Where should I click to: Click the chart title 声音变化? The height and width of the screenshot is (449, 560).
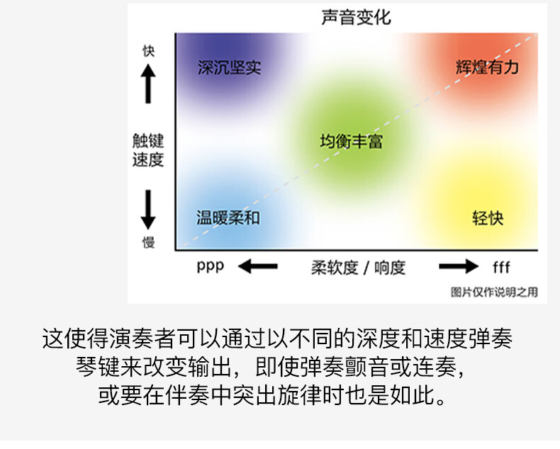coord(356,17)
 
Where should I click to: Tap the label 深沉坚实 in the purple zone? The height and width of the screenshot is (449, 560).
coord(229,67)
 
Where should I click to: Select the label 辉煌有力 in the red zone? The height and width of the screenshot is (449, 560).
coord(487,67)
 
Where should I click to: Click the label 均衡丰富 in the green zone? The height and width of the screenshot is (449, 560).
coord(352,142)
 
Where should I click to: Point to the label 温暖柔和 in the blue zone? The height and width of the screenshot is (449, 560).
coord(228,217)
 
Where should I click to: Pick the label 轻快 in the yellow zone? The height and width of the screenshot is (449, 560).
coord(488,218)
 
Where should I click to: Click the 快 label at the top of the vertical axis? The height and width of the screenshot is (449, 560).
coord(149,51)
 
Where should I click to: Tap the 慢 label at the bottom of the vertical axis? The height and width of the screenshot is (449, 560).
coord(149,242)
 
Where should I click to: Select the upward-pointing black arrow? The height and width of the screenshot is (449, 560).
coord(148,84)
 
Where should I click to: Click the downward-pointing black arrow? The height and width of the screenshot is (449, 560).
coord(148,210)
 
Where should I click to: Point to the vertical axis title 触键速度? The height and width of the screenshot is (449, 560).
coord(148,150)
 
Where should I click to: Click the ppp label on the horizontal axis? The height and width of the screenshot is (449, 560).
coord(211,266)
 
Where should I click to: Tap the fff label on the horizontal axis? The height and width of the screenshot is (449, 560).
coord(501,266)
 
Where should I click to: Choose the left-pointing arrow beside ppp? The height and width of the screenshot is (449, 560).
coord(258,266)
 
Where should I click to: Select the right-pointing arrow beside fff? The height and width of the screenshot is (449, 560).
coord(459,266)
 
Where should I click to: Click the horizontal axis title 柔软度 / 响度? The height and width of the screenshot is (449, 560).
coord(358,268)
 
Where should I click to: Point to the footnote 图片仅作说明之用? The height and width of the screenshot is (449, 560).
coord(494,292)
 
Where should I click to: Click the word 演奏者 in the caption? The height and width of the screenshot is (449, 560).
coord(143,339)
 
